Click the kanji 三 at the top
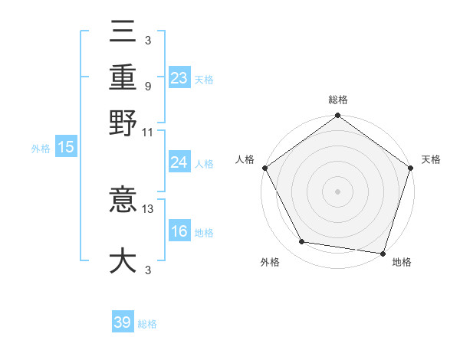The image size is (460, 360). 123,31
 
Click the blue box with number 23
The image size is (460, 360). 179,78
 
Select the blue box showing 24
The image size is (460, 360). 179,162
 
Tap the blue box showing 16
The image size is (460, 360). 179,231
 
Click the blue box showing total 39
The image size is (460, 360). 122,322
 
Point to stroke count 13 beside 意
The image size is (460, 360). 148,208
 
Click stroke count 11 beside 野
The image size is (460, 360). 148,132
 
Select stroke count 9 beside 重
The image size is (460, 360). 148,86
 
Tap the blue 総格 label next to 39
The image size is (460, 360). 147,324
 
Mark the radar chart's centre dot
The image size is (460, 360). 337,191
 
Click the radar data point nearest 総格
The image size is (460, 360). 337,116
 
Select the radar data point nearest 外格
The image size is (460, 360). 302,242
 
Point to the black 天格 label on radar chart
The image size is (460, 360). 431,159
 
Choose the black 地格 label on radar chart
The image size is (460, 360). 402,263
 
